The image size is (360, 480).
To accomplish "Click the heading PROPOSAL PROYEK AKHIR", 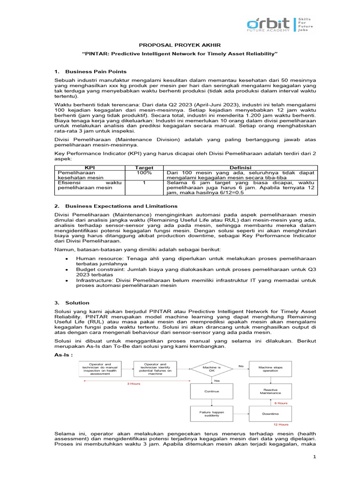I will (x=180, y=45).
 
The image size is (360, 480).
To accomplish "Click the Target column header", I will (x=144, y=167).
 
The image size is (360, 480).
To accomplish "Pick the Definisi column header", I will (x=240, y=167).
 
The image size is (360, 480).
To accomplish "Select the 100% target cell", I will (x=144, y=173).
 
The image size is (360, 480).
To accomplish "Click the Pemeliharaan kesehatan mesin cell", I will (x=77, y=175).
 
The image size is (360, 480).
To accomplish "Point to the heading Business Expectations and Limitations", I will (x=121, y=206).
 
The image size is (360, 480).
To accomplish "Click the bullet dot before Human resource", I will (x=67, y=259).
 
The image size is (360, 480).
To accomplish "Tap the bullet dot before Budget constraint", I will (x=67, y=270).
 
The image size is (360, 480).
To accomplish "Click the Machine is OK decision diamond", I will (x=211, y=368).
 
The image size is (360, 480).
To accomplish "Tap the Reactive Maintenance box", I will (x=270, y=391).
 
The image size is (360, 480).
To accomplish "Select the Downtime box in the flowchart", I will (x=270, y=414).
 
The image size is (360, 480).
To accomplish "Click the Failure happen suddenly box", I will (x=211, y=414).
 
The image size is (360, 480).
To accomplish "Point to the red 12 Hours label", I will (x=280, y=425).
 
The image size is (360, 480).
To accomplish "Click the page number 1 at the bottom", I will (x=315, y=464).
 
